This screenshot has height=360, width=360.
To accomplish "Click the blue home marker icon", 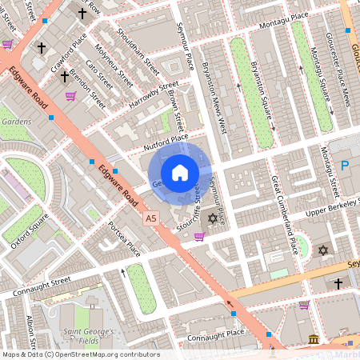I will pos(180,172).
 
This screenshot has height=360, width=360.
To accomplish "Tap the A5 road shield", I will pos(150,218).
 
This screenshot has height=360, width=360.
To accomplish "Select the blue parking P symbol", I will pos(346,166).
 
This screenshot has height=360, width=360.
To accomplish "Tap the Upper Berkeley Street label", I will pos(329,210).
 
